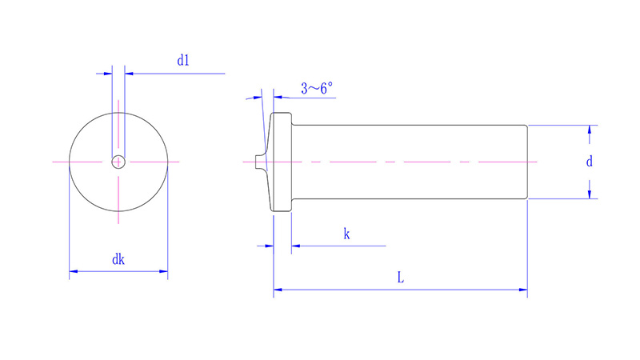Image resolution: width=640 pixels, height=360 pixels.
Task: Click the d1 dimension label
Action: (x=183, y=60)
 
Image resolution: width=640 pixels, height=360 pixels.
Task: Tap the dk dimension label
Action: (x=118, y=259)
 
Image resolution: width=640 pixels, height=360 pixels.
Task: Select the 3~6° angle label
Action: (x=317, y=89)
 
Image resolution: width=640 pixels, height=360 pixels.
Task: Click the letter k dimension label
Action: (x=346, y=234)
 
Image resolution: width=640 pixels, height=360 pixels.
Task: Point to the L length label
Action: (x=400, y=278)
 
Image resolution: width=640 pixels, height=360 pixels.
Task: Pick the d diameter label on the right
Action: (x=590, y=162)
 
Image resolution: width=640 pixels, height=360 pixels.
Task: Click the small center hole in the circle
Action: (x=118, y=162)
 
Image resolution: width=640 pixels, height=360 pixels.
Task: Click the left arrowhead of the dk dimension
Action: (x=74, y=272)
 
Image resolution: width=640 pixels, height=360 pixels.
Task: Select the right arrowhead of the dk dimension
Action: (x=163, y=272)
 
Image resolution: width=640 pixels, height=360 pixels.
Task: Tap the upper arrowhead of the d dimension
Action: (x=590, y=130)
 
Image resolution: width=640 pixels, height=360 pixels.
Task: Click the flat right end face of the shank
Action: (x=526, y=162)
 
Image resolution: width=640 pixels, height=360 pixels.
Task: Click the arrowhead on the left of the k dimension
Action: (x=269, y=246)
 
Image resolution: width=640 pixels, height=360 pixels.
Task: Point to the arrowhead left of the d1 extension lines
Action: (x=108, y=74)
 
